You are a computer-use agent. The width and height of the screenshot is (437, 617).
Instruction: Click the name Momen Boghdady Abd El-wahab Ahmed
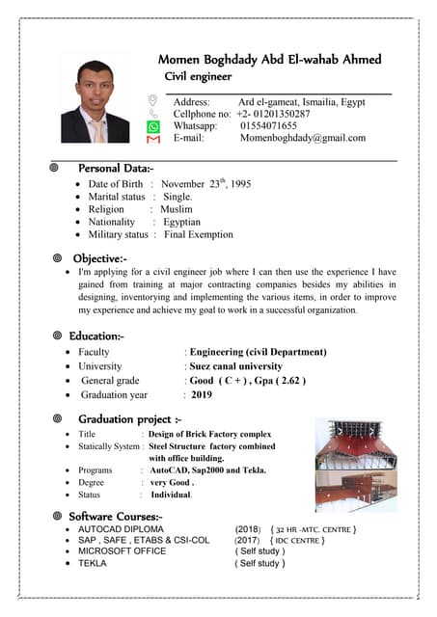[269, 59]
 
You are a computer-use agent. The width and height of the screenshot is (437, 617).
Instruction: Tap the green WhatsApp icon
[152, 125]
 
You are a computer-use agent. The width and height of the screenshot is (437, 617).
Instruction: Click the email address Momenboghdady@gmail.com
[303, 138]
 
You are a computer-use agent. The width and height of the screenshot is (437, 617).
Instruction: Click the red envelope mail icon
[152, 139]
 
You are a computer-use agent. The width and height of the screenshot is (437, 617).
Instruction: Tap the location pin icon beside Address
[152, 100]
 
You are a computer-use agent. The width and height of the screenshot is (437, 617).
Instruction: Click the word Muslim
[177, 209]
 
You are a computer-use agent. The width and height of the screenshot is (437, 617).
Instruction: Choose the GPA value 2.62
[289, 381]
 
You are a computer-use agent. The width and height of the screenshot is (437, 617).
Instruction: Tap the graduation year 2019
[201, 395]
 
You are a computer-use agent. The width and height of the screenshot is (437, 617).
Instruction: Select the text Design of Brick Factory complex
[209, 435]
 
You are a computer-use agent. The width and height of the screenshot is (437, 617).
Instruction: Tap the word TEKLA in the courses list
[93, 563]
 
